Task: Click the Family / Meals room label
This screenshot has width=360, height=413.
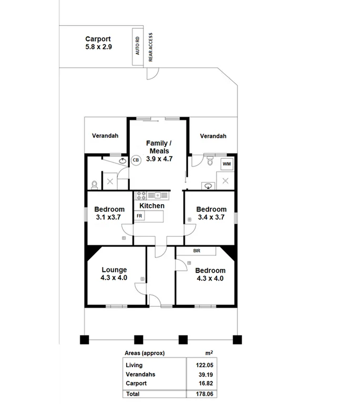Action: pos(158,151)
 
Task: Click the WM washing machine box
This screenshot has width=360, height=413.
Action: pos(227,164)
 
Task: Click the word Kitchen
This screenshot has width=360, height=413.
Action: pos(152,206)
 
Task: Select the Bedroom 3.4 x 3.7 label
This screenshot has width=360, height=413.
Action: pos(212,213)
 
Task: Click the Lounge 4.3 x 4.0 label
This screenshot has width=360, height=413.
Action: pos(114,274)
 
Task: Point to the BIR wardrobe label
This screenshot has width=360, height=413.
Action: pos(197,251)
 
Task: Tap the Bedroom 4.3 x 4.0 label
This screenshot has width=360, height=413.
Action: pos(210,274)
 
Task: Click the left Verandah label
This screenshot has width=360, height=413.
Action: pos(105,136)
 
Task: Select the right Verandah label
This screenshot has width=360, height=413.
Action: pos(213,136)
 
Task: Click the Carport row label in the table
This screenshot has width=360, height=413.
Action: pos(136,384)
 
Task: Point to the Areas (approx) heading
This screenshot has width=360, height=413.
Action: pos(144,353)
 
